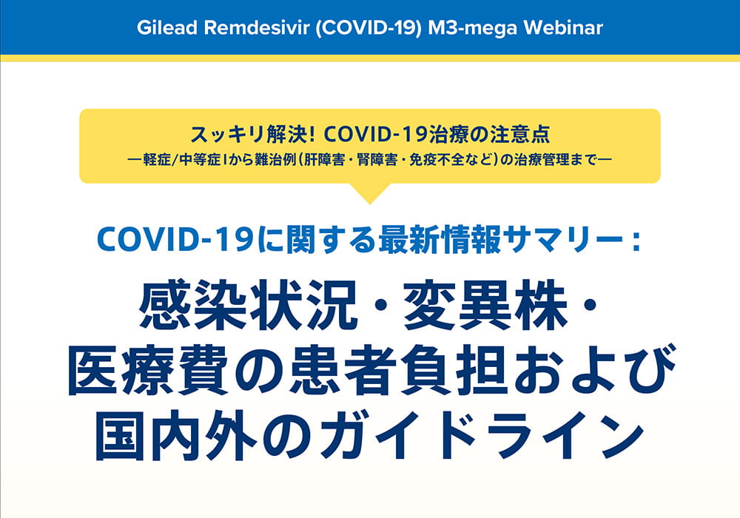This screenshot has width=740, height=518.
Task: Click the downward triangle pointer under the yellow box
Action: (370, 193)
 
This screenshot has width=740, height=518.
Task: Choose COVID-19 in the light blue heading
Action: (176, 240)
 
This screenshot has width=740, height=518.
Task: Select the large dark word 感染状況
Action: (248, 305)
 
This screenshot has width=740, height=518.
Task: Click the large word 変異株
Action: (485, 305)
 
